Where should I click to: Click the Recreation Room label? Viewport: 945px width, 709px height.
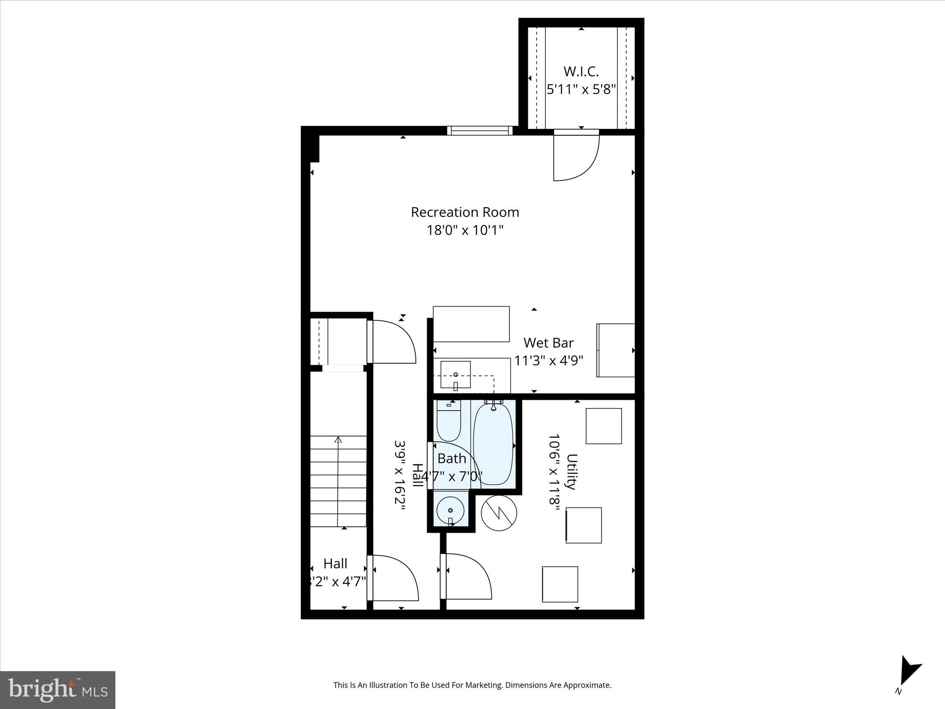coord(465,212)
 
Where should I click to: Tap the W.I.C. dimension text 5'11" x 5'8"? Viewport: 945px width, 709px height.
coord(581,89)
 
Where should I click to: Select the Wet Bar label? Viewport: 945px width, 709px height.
coord(548,343)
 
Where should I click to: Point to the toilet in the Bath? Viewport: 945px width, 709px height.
coord(449,421)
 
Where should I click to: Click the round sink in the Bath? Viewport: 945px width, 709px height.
coord(450,510)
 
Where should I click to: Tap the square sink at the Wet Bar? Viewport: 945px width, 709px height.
coord(455,375)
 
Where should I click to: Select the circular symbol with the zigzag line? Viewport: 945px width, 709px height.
coord(499,513)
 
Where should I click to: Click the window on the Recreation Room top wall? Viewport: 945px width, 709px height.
coord(480,131)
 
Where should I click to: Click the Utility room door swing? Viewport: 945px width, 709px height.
coord(467,577)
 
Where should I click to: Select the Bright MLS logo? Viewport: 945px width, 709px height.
coord(58,690)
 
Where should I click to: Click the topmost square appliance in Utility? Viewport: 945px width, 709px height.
coord(604,426)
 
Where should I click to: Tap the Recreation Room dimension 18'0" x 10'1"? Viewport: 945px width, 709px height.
coord(465,230)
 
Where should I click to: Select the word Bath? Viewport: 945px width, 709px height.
coord(452,459)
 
